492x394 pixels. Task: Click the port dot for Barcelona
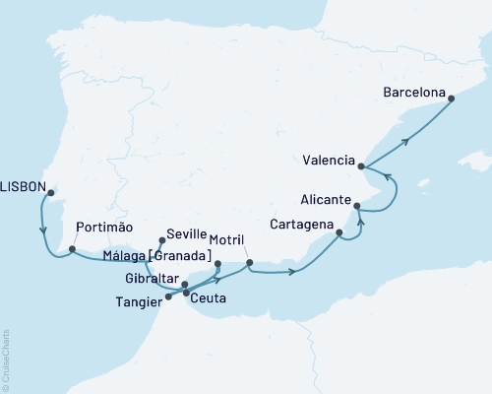click(x=451, y=97)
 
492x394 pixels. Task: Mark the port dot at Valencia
click(x=362, y=166)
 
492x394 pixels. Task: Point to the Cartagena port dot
click(x=339, y=234)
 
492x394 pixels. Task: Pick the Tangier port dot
click(x=168, y=295)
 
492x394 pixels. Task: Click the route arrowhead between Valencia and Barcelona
click(x=405, y=142)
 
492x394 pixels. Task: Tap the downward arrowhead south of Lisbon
click(x=44, y=231)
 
